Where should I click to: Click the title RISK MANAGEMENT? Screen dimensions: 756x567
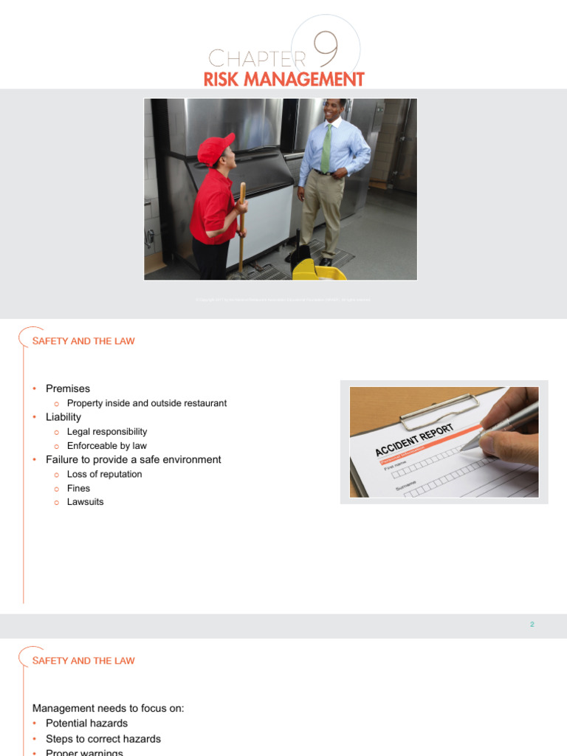(x=284, y=79)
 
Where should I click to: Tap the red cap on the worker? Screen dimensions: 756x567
(x=215, y=148)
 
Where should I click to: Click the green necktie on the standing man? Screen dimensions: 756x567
(x=326, y=148)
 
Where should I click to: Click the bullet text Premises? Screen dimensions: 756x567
(x=68, y=388)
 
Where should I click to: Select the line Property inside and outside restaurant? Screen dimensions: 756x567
(x=146, y=403)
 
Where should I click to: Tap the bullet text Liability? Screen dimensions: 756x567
(x=63, y=417)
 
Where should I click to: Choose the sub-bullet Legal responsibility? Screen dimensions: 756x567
(x=107, y=431)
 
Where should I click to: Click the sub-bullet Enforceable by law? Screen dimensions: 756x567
(x=106, y=446)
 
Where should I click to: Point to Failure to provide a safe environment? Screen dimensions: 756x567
(x=133, y=459)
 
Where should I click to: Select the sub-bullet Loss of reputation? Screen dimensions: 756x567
(x=104, y=474)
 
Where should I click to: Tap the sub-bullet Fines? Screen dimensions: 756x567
(x=78, y=488)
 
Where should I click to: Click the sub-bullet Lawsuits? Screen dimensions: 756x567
(x=85, y=502)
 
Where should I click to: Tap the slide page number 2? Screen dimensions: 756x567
(x=532, y=625)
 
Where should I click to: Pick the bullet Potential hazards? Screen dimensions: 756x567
(x=86, y=724)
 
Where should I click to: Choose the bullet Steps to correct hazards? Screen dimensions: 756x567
(x=103, y=739)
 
